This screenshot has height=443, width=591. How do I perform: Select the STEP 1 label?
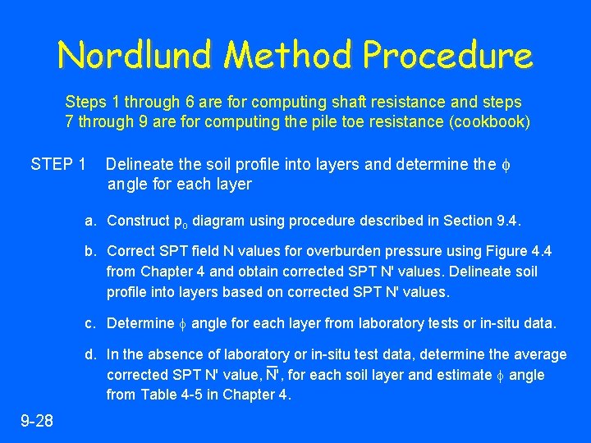pyautogui.click(x=58, y=164)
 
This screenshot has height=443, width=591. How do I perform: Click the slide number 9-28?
pyautogui.click(x=37, y=422)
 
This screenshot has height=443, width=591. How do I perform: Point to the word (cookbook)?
pyautogui.click(x=491, y=123)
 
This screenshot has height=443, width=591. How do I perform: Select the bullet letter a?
pyautogui.click(x=89, y=221)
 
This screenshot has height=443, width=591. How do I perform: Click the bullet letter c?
pyautogui.click(x=89, y=323)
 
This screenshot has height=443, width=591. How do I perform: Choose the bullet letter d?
pyautogui.click(x=89, y=354)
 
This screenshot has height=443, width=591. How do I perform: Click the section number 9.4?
pyautogui.click(x=508, y=221)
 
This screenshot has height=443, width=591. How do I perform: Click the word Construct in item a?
pyautogui.click(x=137, y=221)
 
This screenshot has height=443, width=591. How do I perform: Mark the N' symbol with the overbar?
pyautogui.click(x=273, y=375)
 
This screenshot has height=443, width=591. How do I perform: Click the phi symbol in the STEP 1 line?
pyautogui.click(x=503, y=164)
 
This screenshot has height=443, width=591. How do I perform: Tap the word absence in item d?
pyautogui.click(x=167, y=354)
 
